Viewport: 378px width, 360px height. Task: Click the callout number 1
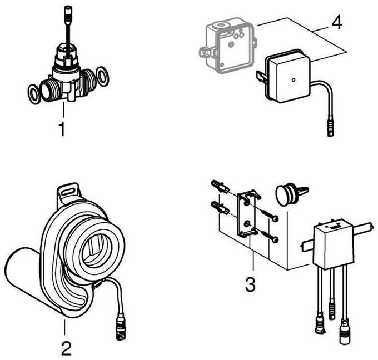pyautogui.click(x=62, y=129)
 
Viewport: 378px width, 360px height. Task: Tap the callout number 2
pyautogui.click(x=66, y=348)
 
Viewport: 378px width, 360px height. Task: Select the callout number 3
pyautogui.click(x=250, y=284)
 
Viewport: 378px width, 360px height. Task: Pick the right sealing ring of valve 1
pyautogui.click(x=102, y=76)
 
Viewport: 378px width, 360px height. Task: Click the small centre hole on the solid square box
pyautogui.click(x=293, y=80)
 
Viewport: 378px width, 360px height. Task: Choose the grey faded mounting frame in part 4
pyautogui.click(x=228, y=45)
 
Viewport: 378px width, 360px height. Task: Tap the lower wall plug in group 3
pyautogui.click(x=220, y=208)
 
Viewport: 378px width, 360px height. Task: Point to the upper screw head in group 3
pyautogui.click(x=276, y=218)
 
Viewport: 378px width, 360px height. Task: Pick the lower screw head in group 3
pyautogui.click(x=276, y=239)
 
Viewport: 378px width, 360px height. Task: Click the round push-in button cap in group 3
pyautogui.click(x=285, y=194)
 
